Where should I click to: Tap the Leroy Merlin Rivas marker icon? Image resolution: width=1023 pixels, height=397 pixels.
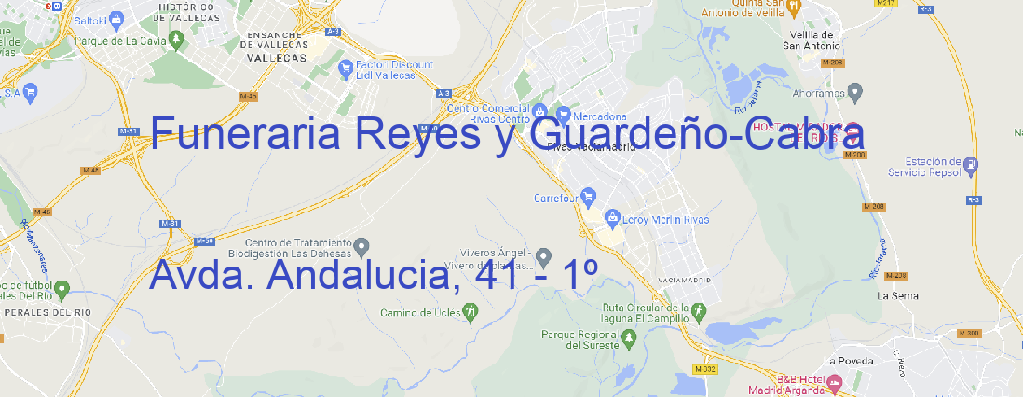[x=612, y=219]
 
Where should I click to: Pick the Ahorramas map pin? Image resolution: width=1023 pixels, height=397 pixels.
[x=856, y=90]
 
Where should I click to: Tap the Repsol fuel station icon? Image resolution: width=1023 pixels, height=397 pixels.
[x=972, y=166]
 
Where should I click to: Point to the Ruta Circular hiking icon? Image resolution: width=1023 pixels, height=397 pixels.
[x=694, y=310]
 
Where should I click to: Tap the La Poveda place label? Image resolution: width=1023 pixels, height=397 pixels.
[x=849, y=360]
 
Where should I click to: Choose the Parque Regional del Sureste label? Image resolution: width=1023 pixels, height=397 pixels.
[x=580, y=339]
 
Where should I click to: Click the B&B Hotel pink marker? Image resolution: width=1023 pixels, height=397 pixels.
[x=835, y=381]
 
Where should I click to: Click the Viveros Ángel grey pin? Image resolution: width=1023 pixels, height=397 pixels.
[x=545, y=256]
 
